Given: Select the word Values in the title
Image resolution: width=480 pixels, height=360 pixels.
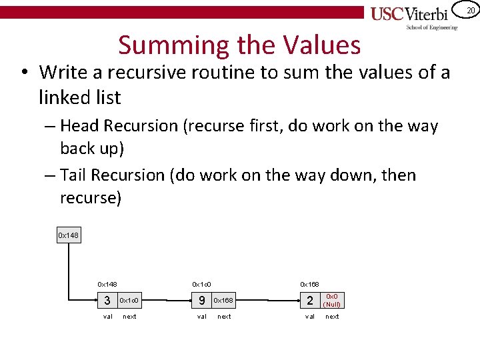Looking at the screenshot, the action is [322, 45].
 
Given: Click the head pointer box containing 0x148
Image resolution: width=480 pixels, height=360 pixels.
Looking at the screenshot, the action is [69, 235].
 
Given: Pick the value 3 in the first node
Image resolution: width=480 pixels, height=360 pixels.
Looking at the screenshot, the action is [107, 300].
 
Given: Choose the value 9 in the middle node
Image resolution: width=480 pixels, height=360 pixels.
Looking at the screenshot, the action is [202, 300].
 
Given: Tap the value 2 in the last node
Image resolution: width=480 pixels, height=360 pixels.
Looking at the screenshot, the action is [310, 300].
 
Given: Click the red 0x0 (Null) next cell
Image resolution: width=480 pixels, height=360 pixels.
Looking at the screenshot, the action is [332, 300].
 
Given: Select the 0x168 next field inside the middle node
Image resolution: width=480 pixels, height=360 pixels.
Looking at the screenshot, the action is [224, 300].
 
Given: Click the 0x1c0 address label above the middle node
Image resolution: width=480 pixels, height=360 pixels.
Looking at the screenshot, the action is [202, 284].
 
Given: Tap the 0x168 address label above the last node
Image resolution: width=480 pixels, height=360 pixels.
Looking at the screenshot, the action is [309, 284].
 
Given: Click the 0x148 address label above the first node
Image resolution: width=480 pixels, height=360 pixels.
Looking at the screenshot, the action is [107, 284].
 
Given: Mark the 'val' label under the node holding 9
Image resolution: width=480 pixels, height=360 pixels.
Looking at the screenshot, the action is [202, 316].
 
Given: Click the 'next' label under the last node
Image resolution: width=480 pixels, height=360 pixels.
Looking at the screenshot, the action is [332, 316].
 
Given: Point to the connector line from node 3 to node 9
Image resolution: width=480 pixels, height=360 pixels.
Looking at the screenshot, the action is [167, 300].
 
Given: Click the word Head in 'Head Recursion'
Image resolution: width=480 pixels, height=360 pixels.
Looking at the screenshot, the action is [81, 125].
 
